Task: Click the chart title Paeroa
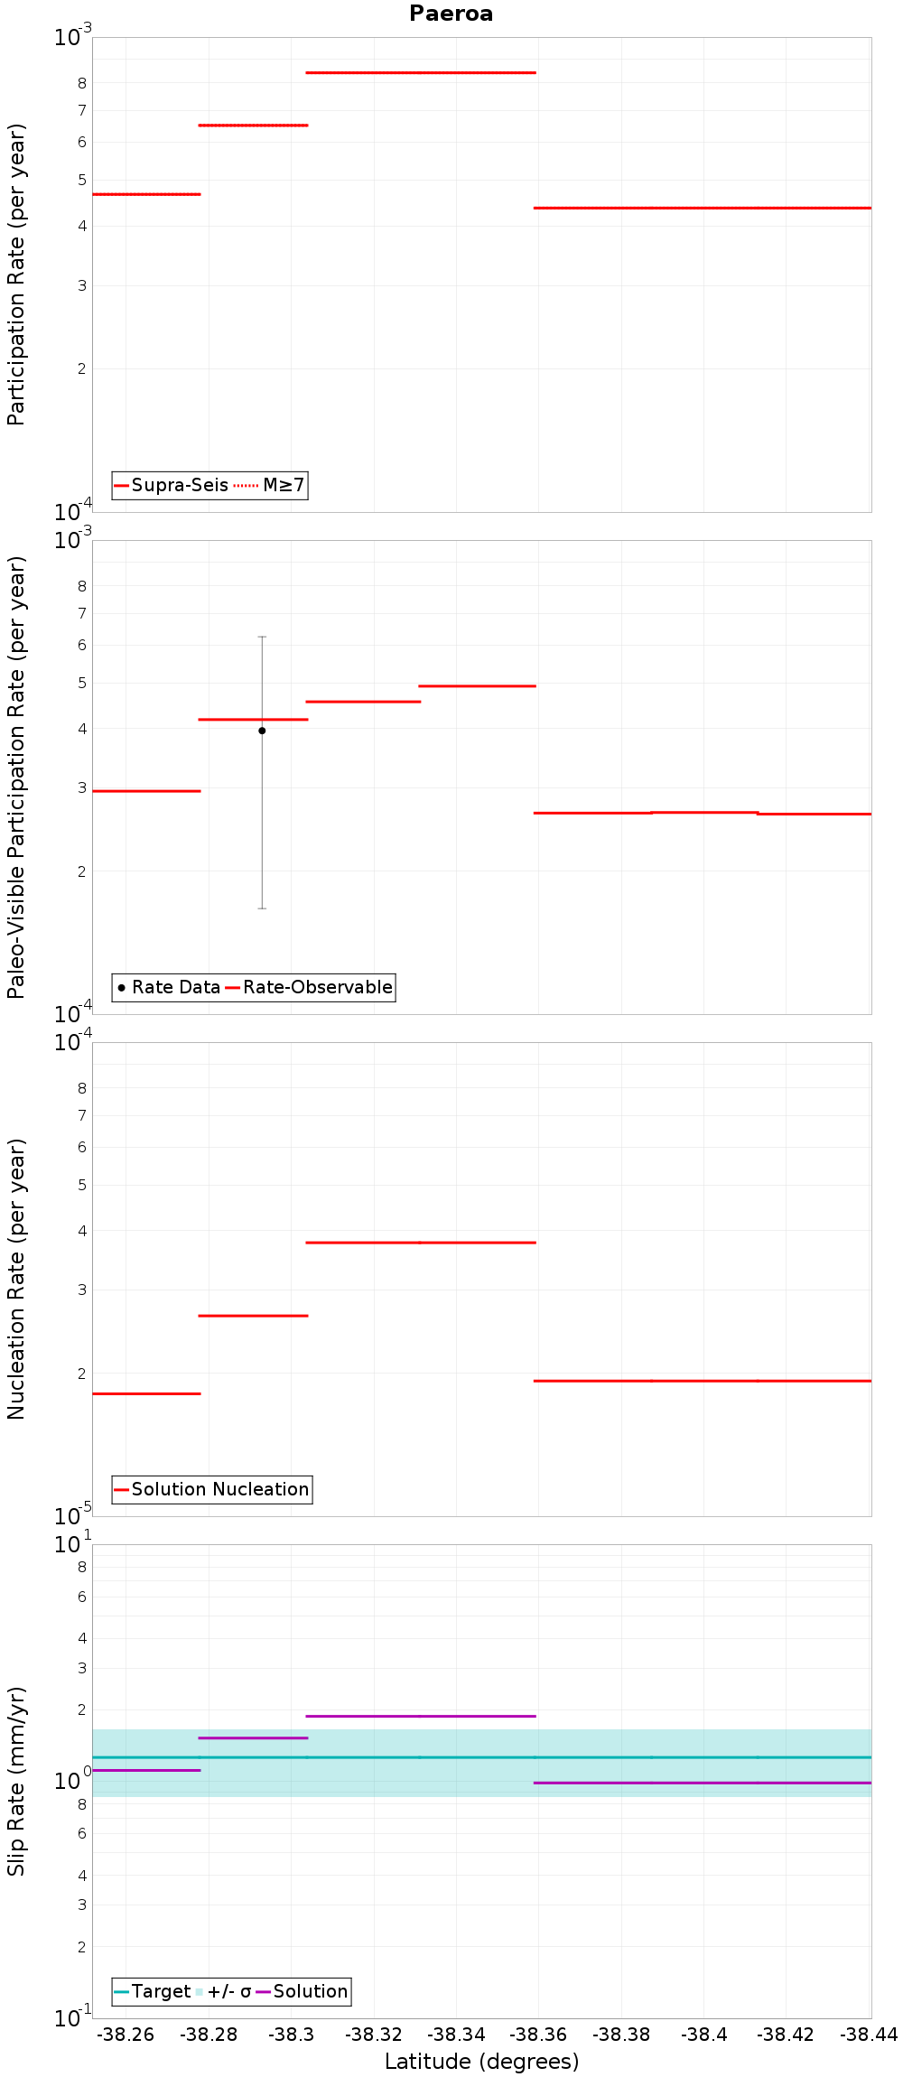point(451,14)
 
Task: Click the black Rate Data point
point(262,731)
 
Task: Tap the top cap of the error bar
point(262,637)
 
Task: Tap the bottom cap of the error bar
point(262,908)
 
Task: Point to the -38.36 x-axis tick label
point(538,2035)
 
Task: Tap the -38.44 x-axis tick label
point(869,2035)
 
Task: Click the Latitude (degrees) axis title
point(481,2062)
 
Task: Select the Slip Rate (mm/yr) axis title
point(16,1781)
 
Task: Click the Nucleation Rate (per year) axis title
point(16,1279)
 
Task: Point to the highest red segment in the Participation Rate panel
point(421,72)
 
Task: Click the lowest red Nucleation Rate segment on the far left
point(146,1393)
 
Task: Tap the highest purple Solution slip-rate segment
point(421,1716)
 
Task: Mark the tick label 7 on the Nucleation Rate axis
point(82,1115)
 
